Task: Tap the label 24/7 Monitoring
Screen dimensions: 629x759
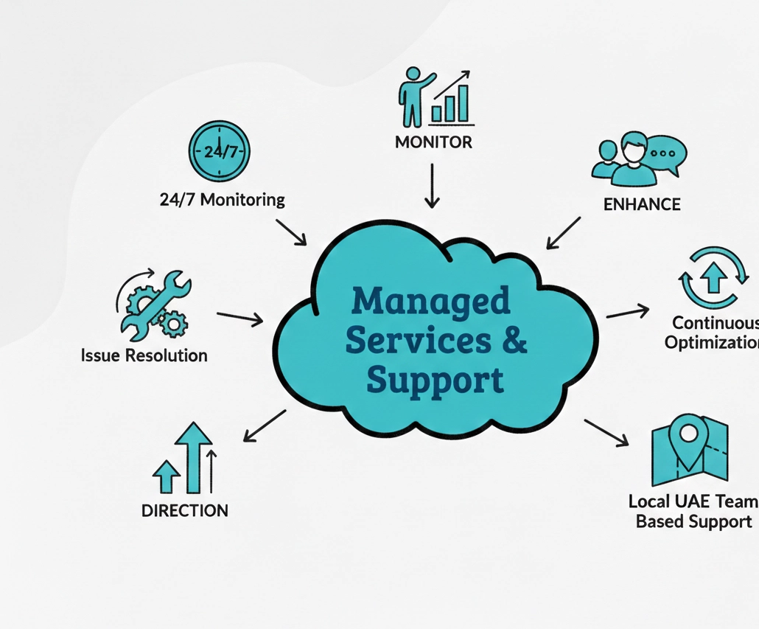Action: tap(222, 199)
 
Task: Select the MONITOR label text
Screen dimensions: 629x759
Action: tap(433, 142)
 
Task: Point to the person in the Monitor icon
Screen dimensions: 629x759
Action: tap(411, 96)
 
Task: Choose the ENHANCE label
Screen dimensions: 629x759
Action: tap(642, 204)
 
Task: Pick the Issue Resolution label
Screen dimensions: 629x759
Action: tap(144, 355)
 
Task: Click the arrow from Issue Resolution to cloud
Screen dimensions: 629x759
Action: tap(239, 318)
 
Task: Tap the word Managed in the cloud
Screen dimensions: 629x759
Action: tap(431, 302)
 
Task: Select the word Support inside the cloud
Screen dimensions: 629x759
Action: tap(435, 381)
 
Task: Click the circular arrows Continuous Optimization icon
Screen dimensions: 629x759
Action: tap(713, 278)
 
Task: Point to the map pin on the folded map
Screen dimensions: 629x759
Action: tap(687, 440)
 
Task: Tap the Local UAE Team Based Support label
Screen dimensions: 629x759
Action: tap(693, 511)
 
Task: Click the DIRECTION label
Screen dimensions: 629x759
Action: tap(184, 510)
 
